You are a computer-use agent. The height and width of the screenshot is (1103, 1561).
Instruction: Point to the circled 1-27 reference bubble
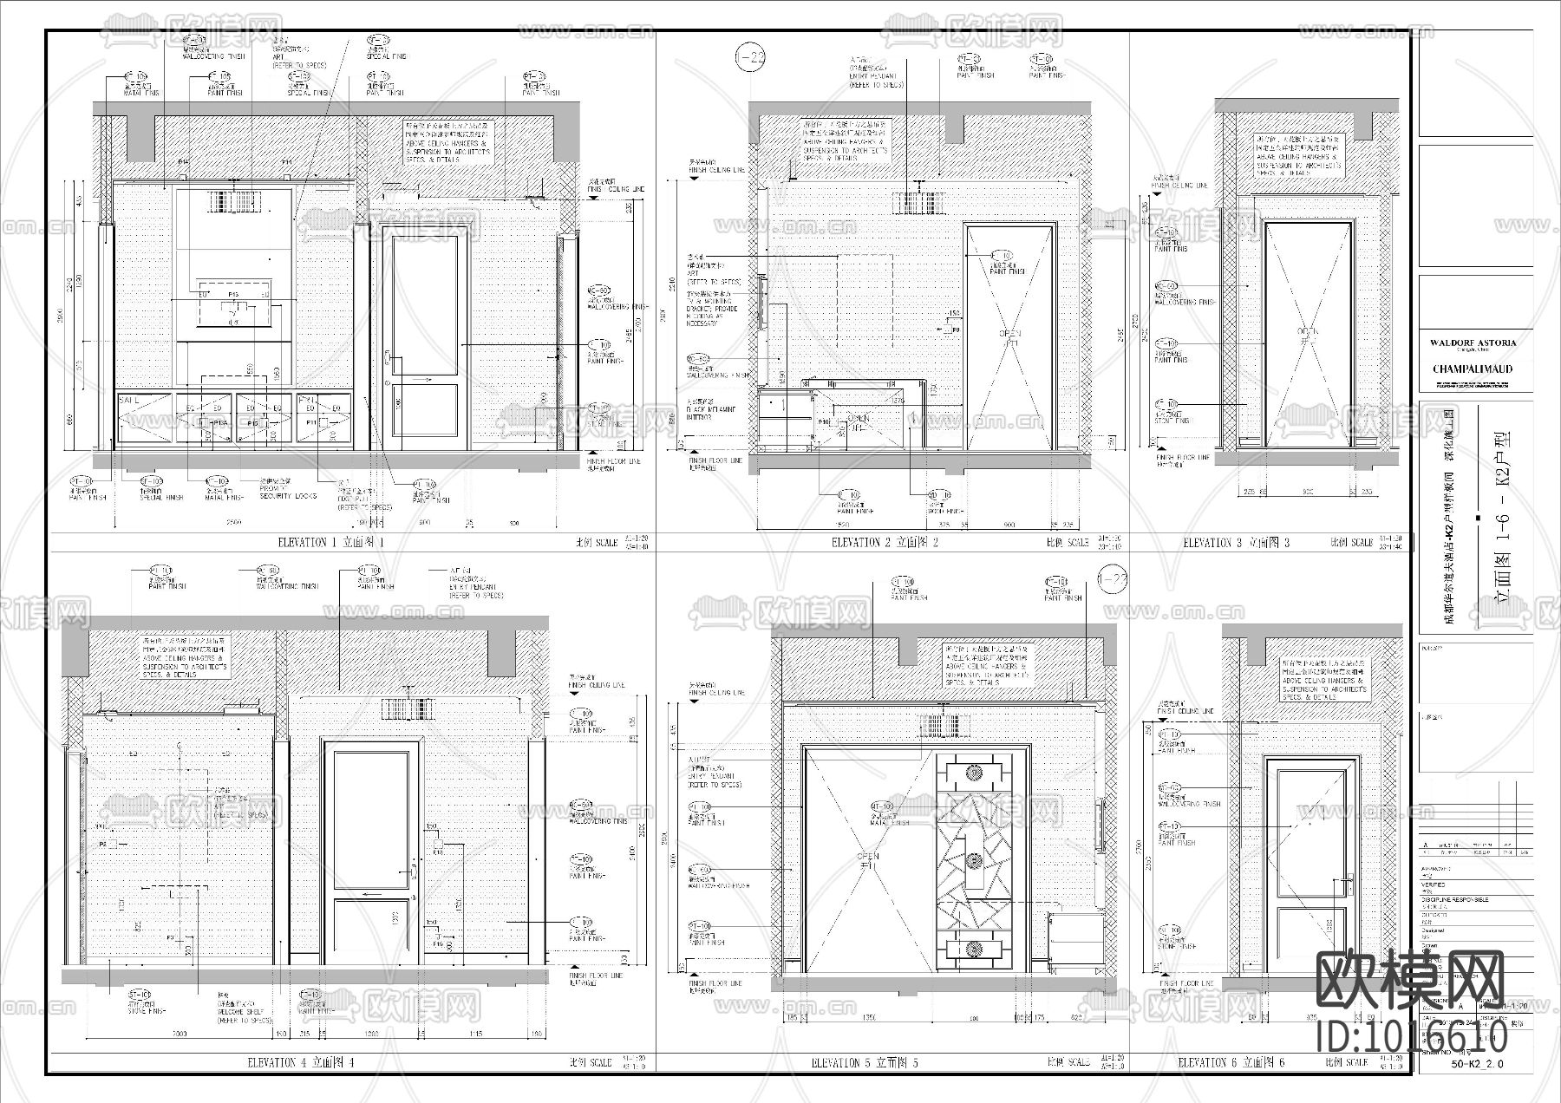[x=1113, y=581]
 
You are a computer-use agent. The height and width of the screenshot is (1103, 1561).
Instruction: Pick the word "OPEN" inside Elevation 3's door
[x=1307, y=330]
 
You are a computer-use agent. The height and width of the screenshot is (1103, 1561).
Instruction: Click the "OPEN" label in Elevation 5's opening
[x=867, y=857]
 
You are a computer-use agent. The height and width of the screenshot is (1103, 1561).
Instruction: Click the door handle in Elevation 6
[x=1345, y=885]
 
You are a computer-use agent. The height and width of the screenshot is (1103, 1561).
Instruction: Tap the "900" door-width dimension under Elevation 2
[x=1009, y=525]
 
